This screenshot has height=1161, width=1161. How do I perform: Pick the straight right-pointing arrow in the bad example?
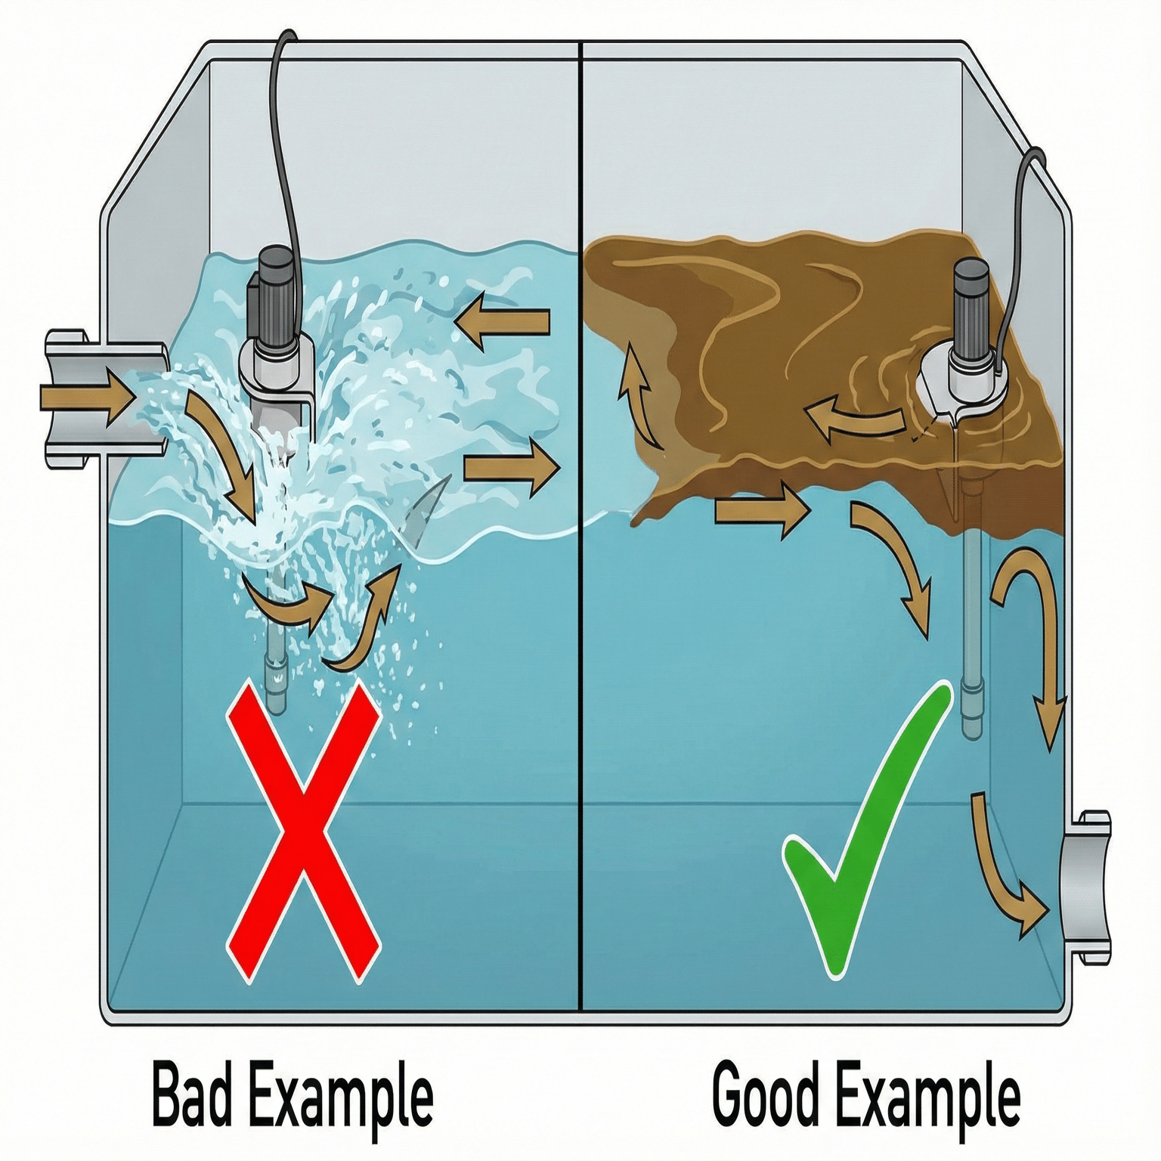click(511, 468)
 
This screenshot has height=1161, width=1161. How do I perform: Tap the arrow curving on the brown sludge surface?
click(854, 420)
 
